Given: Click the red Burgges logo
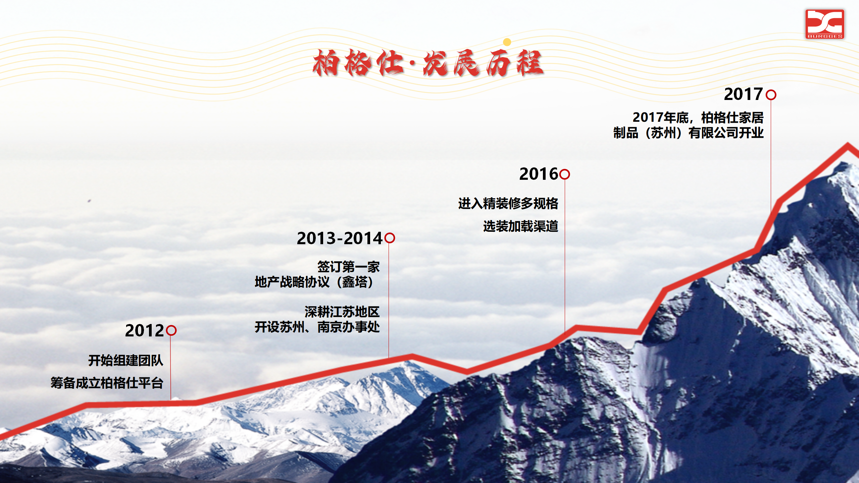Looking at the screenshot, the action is (825, 24).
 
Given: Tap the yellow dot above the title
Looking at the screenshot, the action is (507, 42).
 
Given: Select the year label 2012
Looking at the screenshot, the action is (144, 331).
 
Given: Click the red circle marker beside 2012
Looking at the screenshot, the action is (171, 330).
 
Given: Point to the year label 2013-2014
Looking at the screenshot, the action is (340, 238).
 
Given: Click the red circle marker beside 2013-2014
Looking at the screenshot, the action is (390, 238).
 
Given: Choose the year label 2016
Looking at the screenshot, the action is (539, 174).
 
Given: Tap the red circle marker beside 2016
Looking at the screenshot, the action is (565, 174).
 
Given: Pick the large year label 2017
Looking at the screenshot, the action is (744, 94).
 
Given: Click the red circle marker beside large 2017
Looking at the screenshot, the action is (771, 95).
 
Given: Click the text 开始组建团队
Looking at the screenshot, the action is (126, 361).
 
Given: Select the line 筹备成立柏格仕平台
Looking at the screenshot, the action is (107, 383).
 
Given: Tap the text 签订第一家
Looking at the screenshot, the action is (349, 267).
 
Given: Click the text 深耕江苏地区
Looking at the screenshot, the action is (342, 312).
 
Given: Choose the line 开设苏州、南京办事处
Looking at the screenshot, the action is (317, 327).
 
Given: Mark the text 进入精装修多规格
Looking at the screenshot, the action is (508, 204).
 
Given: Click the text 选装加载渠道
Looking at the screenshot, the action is (521, 226).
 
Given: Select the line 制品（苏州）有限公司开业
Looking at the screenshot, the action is (689, 133).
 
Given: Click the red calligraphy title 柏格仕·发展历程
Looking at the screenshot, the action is (428, 63).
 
